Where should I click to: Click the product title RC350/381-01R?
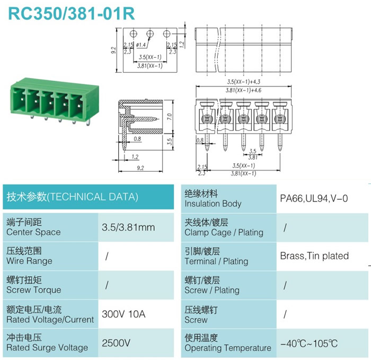tap(72, 13)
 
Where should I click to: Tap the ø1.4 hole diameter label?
tap(141, 45)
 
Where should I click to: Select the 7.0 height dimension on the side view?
tap(170, 117)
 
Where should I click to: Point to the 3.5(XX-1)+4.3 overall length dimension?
tap(243, 82)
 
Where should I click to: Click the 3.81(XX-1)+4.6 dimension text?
tap(243, 90)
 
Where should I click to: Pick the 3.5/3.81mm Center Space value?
tap(128, 227)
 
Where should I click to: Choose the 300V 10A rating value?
tap(123, 314)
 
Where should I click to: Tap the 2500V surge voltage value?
tap(116, 343)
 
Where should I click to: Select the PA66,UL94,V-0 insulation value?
tap(314, 198)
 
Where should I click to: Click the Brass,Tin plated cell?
tap(314, 256)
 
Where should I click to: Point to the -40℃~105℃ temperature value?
tap(309, 344)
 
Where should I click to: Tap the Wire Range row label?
tap(29, 261)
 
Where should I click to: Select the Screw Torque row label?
tap(33, 289)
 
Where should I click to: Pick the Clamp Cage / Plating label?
tap(224, 232)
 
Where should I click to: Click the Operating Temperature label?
tap(227, 348)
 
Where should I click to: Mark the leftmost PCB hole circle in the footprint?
tap(133, 33)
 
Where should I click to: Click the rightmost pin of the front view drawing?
tap(280, 142)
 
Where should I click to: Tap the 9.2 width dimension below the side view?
tap(140, 168)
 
